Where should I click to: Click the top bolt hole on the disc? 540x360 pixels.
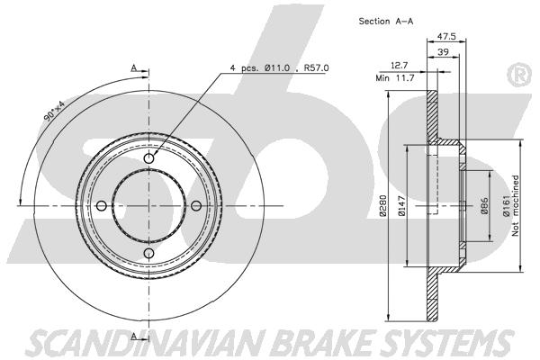click(x=148, y=158)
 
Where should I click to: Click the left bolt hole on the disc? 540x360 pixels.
click(x=101, y=206)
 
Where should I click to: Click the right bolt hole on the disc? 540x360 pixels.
click(x=196, y=206)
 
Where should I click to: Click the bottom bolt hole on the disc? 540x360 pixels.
click(x=148, y=253)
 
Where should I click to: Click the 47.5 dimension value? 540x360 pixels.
click(x=446, y=36)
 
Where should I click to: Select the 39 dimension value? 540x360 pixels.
click(x=443, y=51)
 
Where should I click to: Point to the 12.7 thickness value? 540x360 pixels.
click(x=400, y=65)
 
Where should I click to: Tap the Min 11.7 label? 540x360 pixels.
click(x=395, y=78)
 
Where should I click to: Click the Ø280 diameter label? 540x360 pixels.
click(x=383, y=206)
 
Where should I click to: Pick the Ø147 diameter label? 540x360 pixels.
click(x=401, y=206)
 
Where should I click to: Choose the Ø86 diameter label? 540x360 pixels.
click(x=484, y=206)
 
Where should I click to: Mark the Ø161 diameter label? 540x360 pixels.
click(x=506, y=206)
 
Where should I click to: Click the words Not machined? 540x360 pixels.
click(x=515, y=206)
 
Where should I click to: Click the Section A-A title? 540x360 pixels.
click(x=386, y=21)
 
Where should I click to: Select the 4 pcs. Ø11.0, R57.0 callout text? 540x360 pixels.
click(x=280, y=67)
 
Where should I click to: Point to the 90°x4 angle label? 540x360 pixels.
click(x=54, y=111)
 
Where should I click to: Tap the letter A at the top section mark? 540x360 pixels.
click(x=134, y=67)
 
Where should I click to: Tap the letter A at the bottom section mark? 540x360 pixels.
click(x=134, y=336)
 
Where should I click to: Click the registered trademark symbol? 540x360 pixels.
click(x=519, y=75)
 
